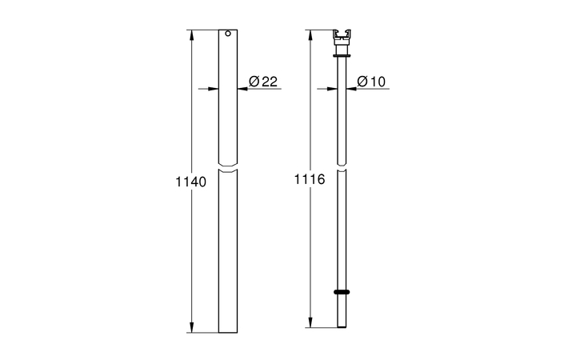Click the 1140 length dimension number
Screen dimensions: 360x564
tap(190, 182)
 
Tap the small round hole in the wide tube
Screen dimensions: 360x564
tap(228, 35)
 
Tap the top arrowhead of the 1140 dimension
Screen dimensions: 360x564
tap(190, 34)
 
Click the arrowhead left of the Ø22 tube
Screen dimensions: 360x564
tap(214, 89)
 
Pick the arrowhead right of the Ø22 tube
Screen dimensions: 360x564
tap(242, 89)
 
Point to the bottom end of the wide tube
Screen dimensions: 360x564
tap(228, 331)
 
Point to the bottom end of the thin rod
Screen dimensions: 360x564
tap(342, 326)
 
